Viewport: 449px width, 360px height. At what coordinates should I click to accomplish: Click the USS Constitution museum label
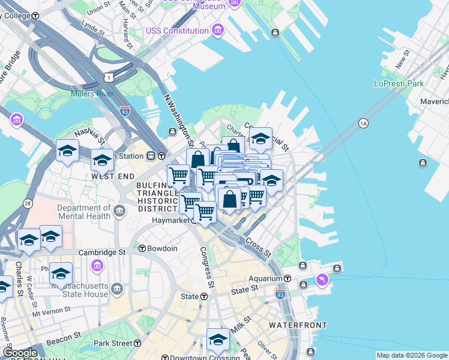(177, 31)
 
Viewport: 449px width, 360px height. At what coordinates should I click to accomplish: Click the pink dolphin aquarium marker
(323, 281)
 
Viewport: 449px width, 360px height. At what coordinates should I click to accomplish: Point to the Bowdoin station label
(163, 248)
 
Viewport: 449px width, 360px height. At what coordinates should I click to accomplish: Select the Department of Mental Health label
(85, 212)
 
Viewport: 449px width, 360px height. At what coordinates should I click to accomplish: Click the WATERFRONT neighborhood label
(298, 325)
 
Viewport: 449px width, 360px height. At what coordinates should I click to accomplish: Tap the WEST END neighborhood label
(112, 177)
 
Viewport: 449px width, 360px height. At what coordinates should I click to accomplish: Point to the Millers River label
(92, 94)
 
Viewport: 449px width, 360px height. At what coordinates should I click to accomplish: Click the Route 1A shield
(363, 124)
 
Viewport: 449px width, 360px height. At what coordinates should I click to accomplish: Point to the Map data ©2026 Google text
(412, 355)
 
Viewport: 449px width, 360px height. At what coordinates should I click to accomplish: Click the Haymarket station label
(172, 220)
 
